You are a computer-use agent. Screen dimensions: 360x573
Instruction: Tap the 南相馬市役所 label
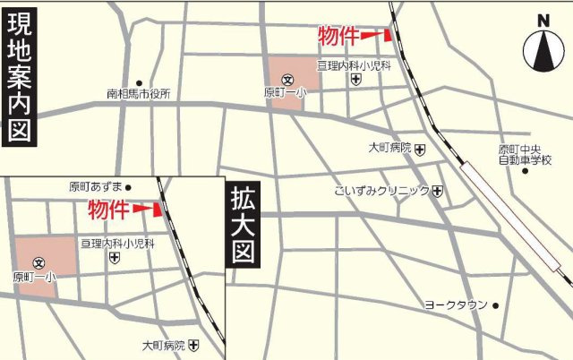coord(138,93)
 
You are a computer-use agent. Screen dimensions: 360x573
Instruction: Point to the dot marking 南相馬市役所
coord(139,81)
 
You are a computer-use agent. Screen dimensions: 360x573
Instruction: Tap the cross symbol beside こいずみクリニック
coord(437,191)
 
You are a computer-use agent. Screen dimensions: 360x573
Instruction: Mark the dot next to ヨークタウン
coord(495,305)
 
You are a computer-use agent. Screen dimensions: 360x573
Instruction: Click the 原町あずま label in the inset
coord(96,187)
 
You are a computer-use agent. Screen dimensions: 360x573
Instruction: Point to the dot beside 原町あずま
coord(128,187)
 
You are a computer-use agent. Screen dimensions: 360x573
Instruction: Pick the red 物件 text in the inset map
coord(107,210)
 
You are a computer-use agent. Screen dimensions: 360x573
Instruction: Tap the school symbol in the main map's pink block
coord(287,79)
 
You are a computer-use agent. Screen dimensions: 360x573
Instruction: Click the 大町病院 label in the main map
coord(389,147)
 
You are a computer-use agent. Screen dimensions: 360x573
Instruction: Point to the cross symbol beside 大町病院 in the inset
coord(193,345)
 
